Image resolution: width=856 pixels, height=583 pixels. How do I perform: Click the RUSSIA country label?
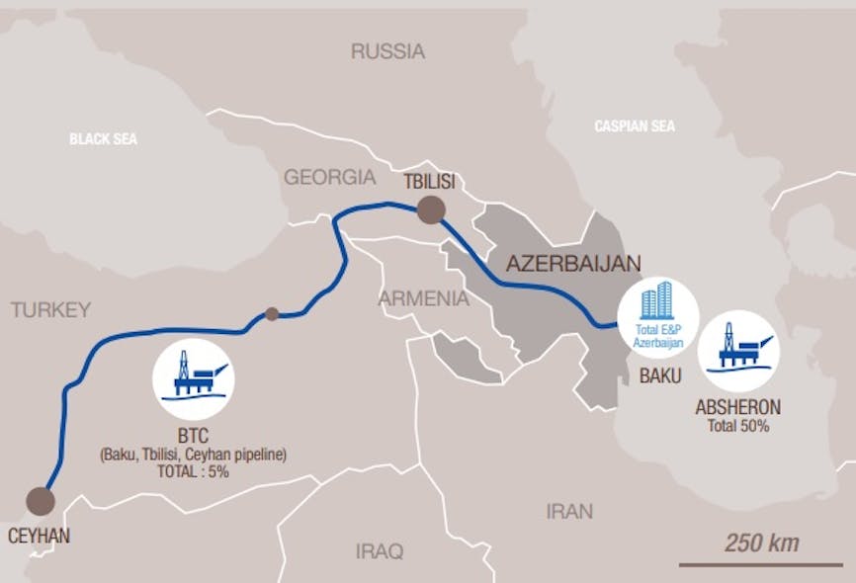(x=387, y=50)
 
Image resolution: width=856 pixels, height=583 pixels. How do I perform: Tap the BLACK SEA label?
(x=103, y=139)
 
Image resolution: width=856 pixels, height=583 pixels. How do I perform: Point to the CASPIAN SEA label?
(x=635, y=126)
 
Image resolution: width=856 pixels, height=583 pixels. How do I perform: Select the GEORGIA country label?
(x=330, y=178)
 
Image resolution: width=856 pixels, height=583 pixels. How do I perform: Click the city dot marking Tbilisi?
(x=431, y=209)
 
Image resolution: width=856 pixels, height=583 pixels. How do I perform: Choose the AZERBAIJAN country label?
(x=573, y=263)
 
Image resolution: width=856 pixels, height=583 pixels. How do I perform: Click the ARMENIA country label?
(x=423, y=297)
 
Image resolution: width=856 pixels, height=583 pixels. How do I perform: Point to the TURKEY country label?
(x=50, y=310)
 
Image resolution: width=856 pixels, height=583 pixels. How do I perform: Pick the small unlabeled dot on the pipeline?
(x=272, y=314)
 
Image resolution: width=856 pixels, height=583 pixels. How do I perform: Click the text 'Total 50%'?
(x=738, y=426)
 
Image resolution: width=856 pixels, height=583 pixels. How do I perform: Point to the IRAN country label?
(x=569, y=511)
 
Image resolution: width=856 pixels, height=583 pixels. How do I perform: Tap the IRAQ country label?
(x=380, y=551)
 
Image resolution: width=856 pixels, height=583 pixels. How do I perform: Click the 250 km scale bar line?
(x=746, y=565)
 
